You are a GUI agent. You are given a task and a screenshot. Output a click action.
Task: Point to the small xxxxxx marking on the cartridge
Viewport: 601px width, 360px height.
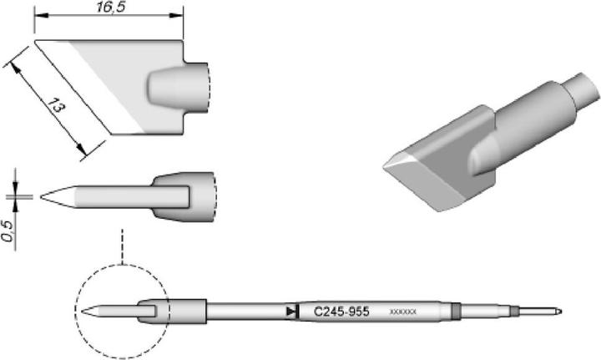coord(403,312)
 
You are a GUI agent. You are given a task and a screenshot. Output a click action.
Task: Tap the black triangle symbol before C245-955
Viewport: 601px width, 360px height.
coord(290,311)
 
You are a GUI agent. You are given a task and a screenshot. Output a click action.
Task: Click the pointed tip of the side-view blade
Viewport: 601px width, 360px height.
coord(43,197)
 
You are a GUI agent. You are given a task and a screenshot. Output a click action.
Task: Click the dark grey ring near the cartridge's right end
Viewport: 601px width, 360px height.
coord(455,312)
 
